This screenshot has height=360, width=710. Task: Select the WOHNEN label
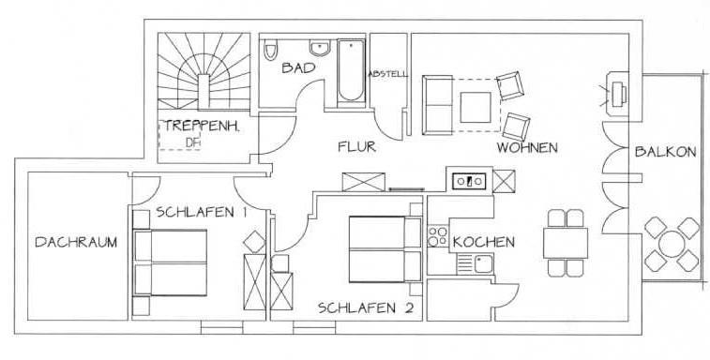tap(528, 148)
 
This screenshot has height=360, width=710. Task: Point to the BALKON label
tap(664, 152)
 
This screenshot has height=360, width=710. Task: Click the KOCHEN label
tap(483, 242)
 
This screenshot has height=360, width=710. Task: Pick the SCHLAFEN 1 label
tap(202, 212)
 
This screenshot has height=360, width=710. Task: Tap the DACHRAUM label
tap(76, 242)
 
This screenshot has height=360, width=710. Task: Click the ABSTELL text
tap(387, 73)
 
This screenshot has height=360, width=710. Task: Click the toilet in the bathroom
tap(270, 50)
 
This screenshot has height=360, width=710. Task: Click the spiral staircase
tap(203, 72)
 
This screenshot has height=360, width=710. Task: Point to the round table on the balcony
tap(670, 246)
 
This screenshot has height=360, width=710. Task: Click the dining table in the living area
tap(565, 244)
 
